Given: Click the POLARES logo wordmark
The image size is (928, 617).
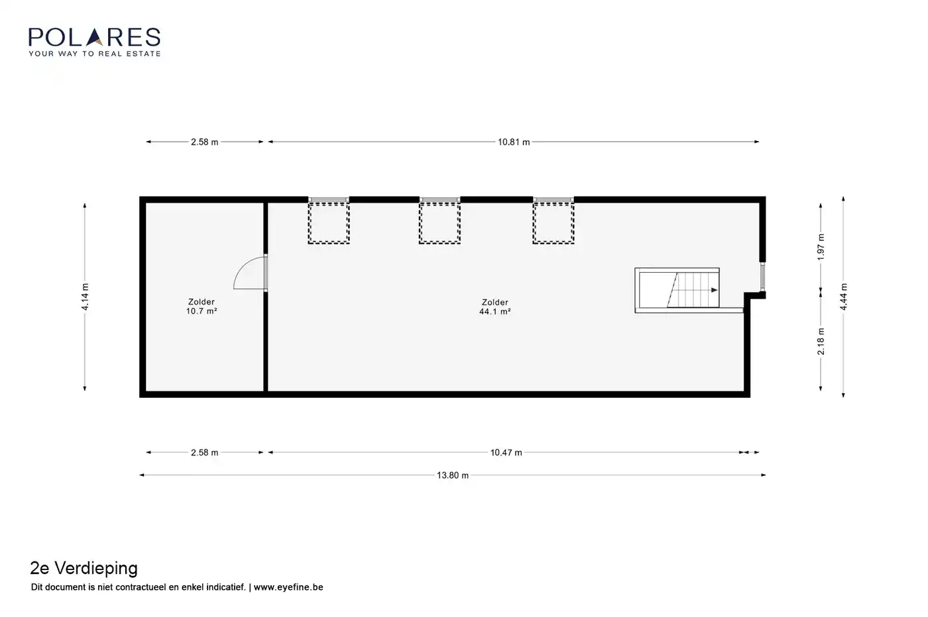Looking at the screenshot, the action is click(94, 37).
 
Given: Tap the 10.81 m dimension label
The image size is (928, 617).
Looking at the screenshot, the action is click(514, 142).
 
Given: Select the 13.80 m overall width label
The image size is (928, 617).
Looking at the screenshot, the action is click(453, 475).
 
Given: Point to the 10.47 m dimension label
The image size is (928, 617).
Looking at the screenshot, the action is click(506, 452).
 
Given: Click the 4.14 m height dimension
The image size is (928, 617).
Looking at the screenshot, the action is click(85, 297).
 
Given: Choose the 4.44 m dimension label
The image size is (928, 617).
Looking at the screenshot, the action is click(843, 297).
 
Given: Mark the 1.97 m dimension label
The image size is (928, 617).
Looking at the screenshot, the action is click(821, 247).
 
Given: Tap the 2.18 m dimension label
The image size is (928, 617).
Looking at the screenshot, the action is click(821, 342).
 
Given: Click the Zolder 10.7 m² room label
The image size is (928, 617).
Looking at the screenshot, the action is click(202, 307).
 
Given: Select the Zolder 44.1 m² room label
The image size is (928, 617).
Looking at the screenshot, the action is click(495, 307).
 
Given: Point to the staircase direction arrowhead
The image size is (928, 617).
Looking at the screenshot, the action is click(715, 290).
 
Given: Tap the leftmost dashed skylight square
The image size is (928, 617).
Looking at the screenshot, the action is click(329, 222).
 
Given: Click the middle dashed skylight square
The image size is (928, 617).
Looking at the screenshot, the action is click(439, 222).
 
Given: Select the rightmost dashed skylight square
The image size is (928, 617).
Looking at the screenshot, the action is click(553, 222).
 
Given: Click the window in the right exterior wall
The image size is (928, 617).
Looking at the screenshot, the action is click(763, 277).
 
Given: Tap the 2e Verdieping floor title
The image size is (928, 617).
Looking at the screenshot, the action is click(84, 568).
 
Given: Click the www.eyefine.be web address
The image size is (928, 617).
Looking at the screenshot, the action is click(288, 587).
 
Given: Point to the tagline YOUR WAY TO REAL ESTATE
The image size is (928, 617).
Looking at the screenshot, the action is click(94, 54).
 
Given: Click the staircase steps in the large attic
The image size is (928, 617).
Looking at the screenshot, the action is click(693, 290).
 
